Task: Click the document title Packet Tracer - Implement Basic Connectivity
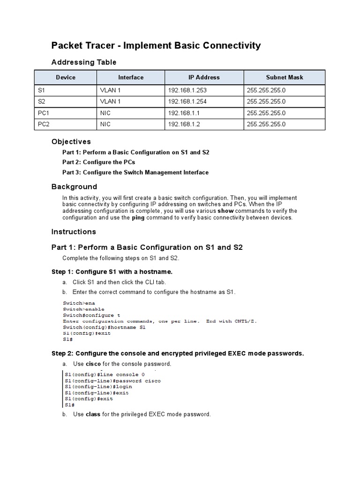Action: [x=156, y=45]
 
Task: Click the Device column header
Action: [x=66, y=77]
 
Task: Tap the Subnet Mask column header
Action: [x=285, y=77]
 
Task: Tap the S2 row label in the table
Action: [x=42, y=102]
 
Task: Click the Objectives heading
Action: [x=71, y=142]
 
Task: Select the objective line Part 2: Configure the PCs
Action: [x=99, y=162]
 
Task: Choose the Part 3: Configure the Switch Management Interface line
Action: [x=135, y=172]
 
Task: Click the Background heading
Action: [x=74, y=187]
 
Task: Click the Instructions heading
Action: [x=74, y=232]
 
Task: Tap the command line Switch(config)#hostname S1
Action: [x=104, y=327]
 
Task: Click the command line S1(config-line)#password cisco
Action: [x=112, y=381]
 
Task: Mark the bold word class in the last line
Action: [x=93, y=414]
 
